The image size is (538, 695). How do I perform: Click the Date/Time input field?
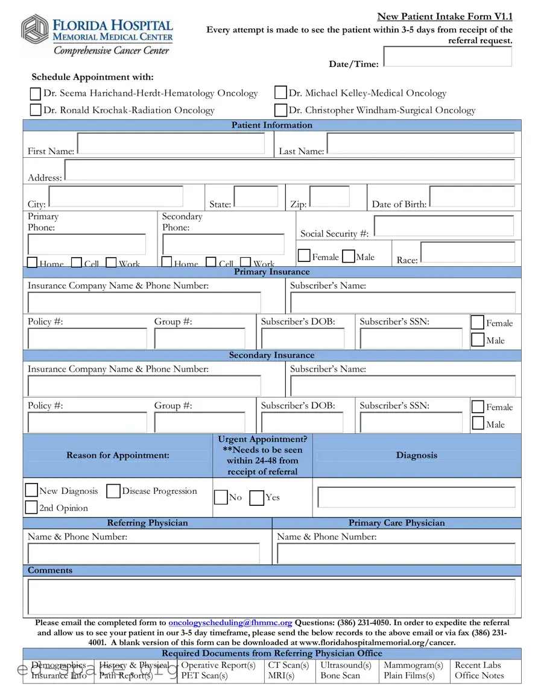(x=448, y=57)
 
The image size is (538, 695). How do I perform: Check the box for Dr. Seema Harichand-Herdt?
(x=36, y=93)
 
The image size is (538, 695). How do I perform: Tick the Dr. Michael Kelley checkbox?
(x=280, y=93)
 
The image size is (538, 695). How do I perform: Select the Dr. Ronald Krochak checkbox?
(x=36, y=110)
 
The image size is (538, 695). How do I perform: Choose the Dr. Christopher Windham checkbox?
(x=280, y=110)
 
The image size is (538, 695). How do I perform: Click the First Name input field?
(x=171, y=144)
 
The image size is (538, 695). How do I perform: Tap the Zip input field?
(x=329, y=197)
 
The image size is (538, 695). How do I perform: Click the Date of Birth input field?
(x=472, y=197)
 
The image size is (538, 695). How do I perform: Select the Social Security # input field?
(x=444, y=226)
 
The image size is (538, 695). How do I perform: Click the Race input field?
(x=468, y=252)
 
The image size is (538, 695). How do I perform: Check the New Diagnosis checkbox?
(x=31, y=490)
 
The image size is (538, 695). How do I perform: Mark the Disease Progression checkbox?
(x=113, y=491)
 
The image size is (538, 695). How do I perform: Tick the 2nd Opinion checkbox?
(x=31, y=507)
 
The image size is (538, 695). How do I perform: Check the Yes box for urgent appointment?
(x=257, y=497)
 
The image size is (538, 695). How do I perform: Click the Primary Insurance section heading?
(x=271, y=272)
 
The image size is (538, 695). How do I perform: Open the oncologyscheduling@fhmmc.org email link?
(x=230, y=623)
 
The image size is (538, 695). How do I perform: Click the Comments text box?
(x=271, y=596)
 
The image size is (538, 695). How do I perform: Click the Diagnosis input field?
(x=416, y=497)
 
